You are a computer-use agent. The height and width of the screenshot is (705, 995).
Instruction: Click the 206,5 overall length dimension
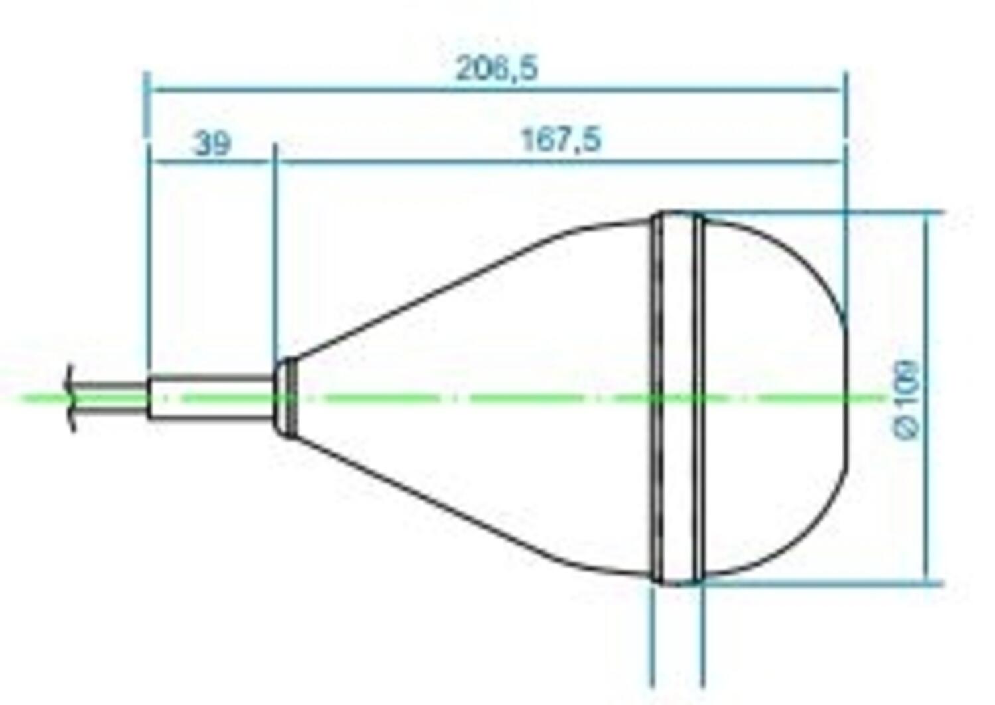(x=496, y=68)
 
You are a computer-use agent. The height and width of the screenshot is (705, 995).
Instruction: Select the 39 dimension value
(x=212, y=143)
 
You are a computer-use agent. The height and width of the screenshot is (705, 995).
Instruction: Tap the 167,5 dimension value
(x=561, y=140)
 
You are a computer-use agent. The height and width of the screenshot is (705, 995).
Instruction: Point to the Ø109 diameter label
(x=907, y=399)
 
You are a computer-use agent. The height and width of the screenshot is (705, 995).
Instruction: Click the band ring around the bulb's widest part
(x=677, y=398)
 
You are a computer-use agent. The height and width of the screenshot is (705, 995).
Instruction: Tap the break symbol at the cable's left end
(x=70, y=398)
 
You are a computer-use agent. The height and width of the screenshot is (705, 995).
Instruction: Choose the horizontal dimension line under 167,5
(x=561, y=161)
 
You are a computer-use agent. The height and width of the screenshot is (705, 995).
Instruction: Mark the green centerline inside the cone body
(x=464, y=399)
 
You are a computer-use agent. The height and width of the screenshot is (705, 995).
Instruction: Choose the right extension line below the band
(x=702, y=637)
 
